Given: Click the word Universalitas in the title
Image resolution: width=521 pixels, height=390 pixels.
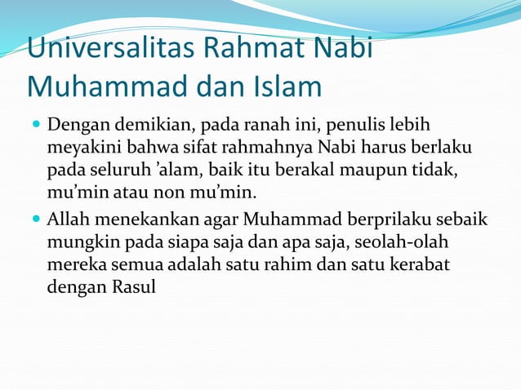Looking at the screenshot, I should [x=108, y=49].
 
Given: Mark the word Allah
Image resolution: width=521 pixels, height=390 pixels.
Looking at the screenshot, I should [x=69, y=219].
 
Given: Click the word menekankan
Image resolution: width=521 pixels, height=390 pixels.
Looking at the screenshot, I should [x=142, y=219].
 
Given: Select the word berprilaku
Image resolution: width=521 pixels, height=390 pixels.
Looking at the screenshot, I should [x=388, y=219].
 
